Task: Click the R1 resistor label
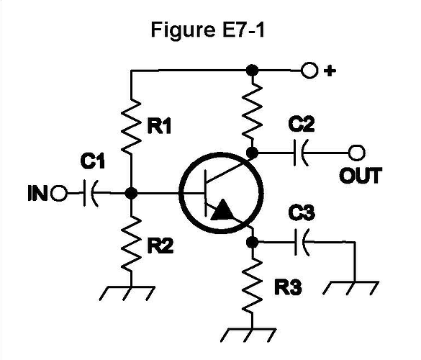159,127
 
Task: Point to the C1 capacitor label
93,163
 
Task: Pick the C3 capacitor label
302,214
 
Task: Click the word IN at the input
37,193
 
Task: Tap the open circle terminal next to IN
60,193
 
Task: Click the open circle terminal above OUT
356,153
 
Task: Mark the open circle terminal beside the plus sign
310,71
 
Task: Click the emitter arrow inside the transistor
222,210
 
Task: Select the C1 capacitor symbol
92,193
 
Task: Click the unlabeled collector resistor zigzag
252,112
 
